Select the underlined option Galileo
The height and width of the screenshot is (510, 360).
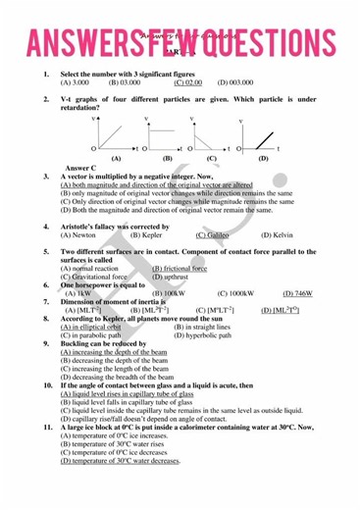(x=213, y=235)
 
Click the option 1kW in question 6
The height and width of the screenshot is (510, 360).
(x=77, y=293)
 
